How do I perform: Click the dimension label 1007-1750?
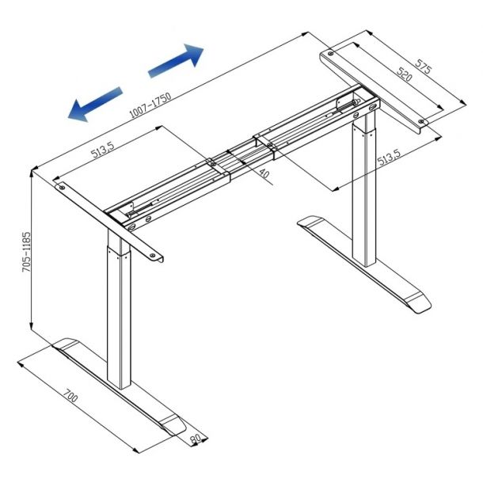click(x=150, y=105)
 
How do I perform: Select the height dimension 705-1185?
click(x=27, y=252)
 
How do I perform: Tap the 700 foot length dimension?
click(x=70, y=396)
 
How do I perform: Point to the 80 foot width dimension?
click(x=196, y=439)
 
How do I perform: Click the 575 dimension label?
click(x=424, y=67)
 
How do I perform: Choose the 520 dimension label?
click(x=404, y=74)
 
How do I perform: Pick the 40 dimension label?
click(x=264, y=173)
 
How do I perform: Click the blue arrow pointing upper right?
click(x=176, y=60)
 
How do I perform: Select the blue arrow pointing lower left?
click(x=95, y=105)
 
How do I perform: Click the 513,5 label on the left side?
click(x=103, y=149)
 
